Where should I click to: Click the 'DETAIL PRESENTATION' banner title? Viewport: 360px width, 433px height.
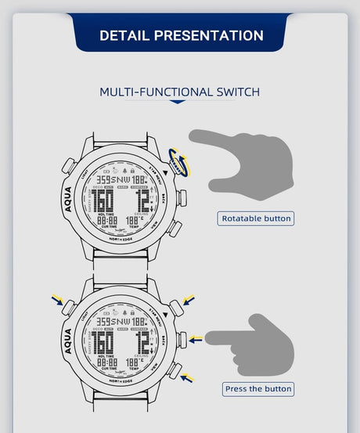click(181, 35)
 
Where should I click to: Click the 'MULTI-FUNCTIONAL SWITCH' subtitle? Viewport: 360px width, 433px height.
click(179, 92)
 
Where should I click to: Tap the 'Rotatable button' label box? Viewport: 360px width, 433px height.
click(256, 218)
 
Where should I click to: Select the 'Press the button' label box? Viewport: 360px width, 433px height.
click(257, 388)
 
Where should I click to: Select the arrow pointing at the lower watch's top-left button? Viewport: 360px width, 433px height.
click(56, 299)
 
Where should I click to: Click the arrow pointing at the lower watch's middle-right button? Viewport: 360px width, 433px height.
click(196, 340)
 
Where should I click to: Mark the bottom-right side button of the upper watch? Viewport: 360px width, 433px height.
click(175, 229)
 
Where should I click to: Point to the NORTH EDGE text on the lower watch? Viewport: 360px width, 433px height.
click(124, 379)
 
